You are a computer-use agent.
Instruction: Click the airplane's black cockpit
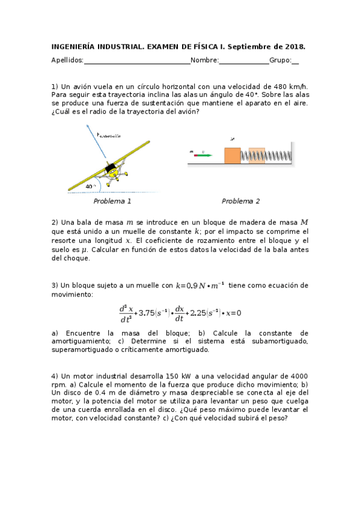[111, 170]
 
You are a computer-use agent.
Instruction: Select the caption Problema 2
[241, 201]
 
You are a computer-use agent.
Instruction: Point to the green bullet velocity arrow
[205, 155]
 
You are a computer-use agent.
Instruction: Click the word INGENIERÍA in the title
[75, 46]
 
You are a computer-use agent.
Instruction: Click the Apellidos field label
[67, 60]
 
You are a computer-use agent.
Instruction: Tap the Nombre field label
[204, 60]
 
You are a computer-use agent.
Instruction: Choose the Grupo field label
[280, 60]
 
